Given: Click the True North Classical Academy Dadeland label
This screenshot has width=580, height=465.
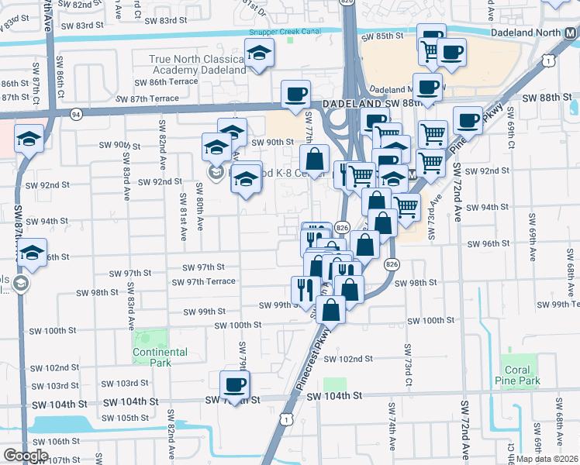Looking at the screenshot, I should coord(197,64).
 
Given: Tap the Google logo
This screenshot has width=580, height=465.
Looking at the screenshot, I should coord(26,456).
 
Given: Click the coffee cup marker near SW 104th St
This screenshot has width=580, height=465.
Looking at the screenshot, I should coord(235,384).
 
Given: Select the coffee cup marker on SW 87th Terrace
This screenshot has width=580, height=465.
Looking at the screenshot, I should coord(295,94).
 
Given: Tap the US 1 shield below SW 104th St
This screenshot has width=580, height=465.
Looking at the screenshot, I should coord(287,419).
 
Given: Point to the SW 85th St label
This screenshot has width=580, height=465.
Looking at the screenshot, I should coord(388,36).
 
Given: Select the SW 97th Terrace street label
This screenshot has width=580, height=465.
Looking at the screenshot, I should coord(211,281).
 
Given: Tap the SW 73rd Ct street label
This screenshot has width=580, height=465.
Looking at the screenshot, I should coord(406,372).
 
